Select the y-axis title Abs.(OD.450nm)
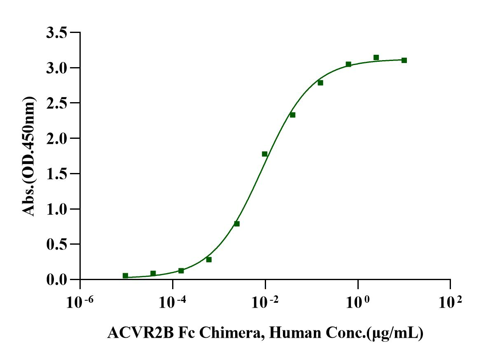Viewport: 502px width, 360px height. [x=28, y=156]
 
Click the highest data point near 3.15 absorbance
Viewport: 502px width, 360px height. [x=376, y=58]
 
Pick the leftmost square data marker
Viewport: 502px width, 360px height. [x=125, y=276]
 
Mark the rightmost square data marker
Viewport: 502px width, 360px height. [x=404, y=60]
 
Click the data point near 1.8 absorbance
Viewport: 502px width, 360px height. [x=264, y=154]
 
